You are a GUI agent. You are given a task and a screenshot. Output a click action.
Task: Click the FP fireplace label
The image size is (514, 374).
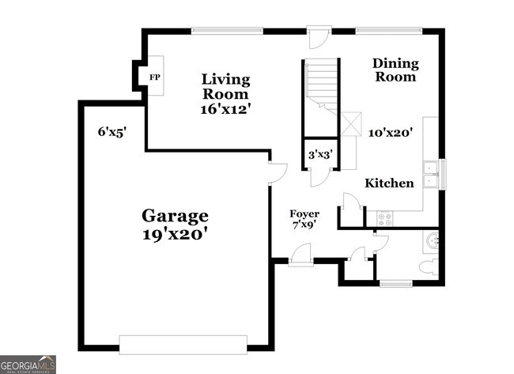click(x=153, y=77)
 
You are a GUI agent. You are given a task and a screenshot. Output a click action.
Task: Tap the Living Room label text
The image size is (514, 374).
click(x=225, y=86)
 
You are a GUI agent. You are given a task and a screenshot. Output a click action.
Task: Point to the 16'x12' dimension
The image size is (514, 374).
click(x=225, y=109)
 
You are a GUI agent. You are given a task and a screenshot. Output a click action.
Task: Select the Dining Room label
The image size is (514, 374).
click(x=395, y=70)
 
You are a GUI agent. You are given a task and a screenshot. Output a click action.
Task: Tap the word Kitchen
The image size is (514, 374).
click(x=389, y=183)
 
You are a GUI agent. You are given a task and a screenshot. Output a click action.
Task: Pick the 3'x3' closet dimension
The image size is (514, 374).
click(x=320, y=155)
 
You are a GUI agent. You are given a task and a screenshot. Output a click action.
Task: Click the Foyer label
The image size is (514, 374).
click(x=304, y=213)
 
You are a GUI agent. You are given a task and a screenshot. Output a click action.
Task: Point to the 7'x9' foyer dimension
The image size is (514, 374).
click(x=304, y=225)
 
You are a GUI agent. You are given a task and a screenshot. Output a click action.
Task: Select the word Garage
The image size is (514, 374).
click(x=175, y=215)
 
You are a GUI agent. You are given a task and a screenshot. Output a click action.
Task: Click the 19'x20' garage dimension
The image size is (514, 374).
click(x=175, y=234)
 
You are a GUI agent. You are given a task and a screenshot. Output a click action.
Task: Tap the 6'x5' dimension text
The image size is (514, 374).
click(x=111, y=133)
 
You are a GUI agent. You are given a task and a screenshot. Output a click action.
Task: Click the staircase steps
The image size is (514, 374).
click(x=322, y=79)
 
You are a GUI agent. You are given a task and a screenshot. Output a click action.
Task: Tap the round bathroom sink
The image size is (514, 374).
click(x=432, y=240)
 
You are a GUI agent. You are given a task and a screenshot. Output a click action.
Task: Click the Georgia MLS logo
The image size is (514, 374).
click(x=28, y=365)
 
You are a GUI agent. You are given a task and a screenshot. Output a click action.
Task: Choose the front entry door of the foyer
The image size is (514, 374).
click(x=300, y=256)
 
